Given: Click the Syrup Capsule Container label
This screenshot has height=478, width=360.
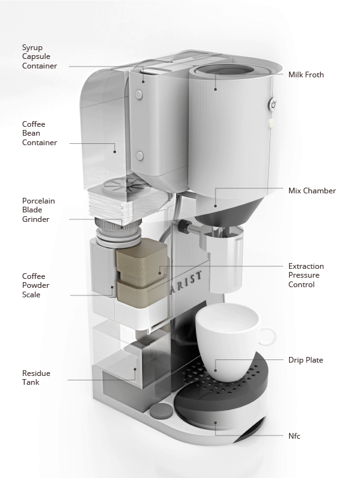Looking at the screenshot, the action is point(39,56).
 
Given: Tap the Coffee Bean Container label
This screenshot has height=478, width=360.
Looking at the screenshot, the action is point(39,133).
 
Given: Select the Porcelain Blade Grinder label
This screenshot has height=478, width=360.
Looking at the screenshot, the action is point(39,210).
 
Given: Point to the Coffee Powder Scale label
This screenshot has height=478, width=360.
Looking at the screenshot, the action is point(35,285).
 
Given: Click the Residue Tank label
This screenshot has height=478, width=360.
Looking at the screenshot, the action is point(36,377).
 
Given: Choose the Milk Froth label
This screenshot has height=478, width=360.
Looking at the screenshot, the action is point(306,75).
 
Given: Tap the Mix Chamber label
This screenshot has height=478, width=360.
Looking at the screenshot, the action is point(312,191).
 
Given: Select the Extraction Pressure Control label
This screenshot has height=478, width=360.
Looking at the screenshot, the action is point(306,275).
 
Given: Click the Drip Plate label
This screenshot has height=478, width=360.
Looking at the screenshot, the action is point(305,360).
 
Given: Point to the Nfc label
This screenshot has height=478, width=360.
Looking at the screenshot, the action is point(294,436).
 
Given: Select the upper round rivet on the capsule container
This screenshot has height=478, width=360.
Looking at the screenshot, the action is point(139,94).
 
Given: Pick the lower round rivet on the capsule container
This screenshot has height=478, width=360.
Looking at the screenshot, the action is point(139,156).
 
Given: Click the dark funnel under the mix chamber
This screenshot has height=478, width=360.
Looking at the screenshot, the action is point(229,211).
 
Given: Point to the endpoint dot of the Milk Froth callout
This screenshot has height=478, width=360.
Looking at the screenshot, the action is point(215,89).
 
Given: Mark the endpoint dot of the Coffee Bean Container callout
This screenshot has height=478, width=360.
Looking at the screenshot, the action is point(115,152).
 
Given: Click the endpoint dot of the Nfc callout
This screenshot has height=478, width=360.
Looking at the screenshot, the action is point(215,422).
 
